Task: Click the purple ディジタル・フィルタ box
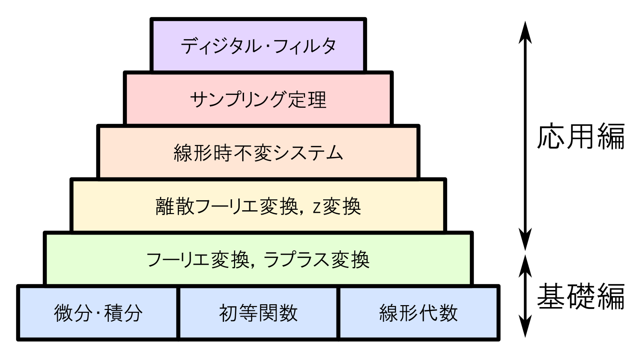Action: tap(258, 45)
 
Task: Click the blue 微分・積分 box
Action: tap(98, 313)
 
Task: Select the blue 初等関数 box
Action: tap(258, 313)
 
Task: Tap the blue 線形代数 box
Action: tap(418, 313)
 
